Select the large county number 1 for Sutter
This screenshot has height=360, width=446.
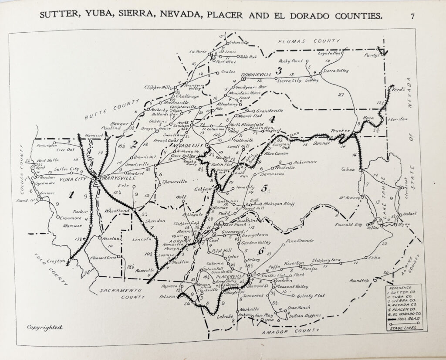71,195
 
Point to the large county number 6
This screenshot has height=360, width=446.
260,251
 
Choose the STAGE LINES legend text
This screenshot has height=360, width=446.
402,327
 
